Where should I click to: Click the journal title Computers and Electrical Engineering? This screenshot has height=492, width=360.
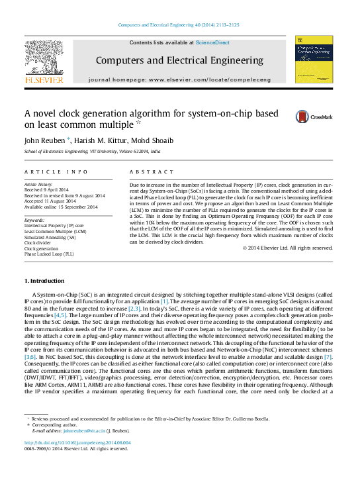click(x=179, y=60)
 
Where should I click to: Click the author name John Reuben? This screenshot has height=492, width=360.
click(x=42, y=141)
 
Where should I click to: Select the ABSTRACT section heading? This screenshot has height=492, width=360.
click(x=147, y=172)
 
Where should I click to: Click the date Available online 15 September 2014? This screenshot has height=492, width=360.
click(x=61, y=207)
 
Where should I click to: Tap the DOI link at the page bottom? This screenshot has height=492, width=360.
click(x=77, y=442)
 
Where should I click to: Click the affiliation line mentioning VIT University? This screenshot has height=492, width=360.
click(x=92, y=152)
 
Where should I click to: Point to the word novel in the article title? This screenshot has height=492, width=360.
click(x=47, y=113)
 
